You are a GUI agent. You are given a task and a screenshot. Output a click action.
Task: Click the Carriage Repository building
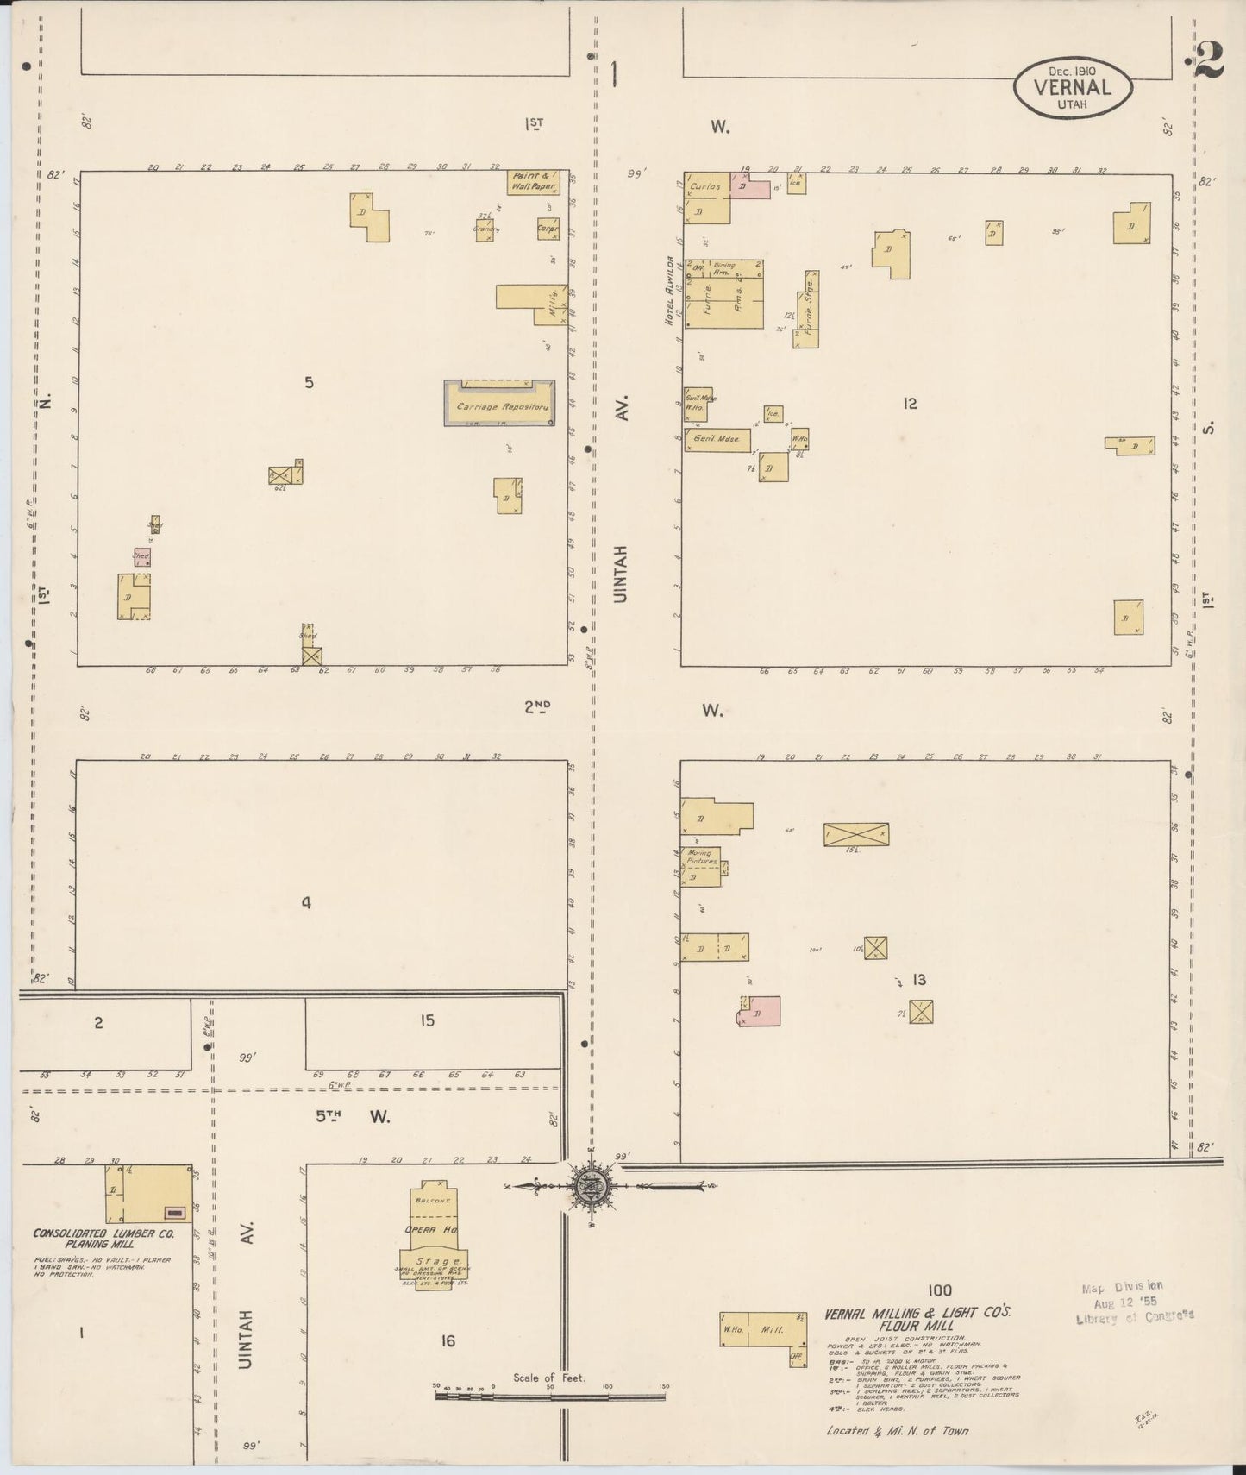coord(500,403)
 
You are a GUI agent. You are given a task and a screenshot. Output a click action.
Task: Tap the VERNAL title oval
coord(1072,87)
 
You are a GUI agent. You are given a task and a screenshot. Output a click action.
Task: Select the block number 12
coord(910,403)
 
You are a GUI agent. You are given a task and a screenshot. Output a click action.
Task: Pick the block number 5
coord(309,382)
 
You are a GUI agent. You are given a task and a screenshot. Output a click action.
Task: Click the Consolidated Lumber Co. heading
coord(103,1238)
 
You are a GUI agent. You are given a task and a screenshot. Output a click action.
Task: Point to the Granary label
coord(485,229)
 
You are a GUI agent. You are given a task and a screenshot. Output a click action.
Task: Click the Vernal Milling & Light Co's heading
coord(917,1319)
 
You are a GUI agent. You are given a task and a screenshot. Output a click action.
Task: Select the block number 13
coord(919,979)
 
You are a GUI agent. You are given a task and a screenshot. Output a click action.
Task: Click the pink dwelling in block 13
coord(761,1011)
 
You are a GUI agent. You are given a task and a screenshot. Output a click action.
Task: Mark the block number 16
coord(447,1340)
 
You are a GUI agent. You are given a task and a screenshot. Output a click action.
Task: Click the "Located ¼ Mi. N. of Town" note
coord(897,1430)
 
